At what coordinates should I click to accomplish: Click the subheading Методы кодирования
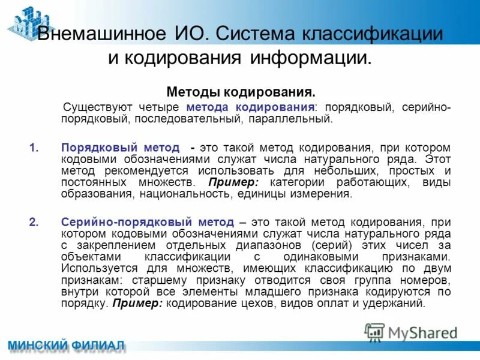241,92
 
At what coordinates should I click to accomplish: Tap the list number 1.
34,147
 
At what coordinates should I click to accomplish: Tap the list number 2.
34,222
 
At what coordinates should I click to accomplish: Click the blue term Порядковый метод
120,147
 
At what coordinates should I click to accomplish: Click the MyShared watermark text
422,332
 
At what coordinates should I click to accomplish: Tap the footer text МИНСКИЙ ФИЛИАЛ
66,347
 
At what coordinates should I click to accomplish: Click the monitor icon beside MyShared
374,332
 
